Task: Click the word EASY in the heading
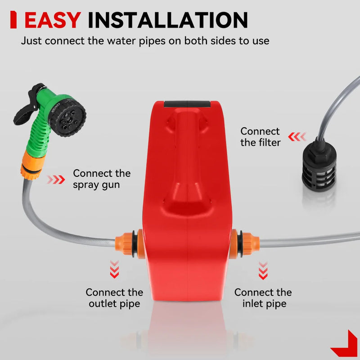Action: point(53,20)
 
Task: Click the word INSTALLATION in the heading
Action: point(168,20)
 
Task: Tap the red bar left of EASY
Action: point(13,20)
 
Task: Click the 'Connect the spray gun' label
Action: point(102,179)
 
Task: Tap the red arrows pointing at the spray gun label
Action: point(56,180)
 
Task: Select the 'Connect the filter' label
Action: point(261,137)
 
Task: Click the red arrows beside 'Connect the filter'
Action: point(297,137)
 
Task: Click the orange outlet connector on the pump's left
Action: point(129,243)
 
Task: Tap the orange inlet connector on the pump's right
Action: point(245,243)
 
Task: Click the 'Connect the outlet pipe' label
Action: point(114,298)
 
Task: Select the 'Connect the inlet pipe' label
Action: point(263,298)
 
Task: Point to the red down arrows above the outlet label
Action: point(114,269)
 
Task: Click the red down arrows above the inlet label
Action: point(263,270)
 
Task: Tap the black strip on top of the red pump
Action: point(187,104)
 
